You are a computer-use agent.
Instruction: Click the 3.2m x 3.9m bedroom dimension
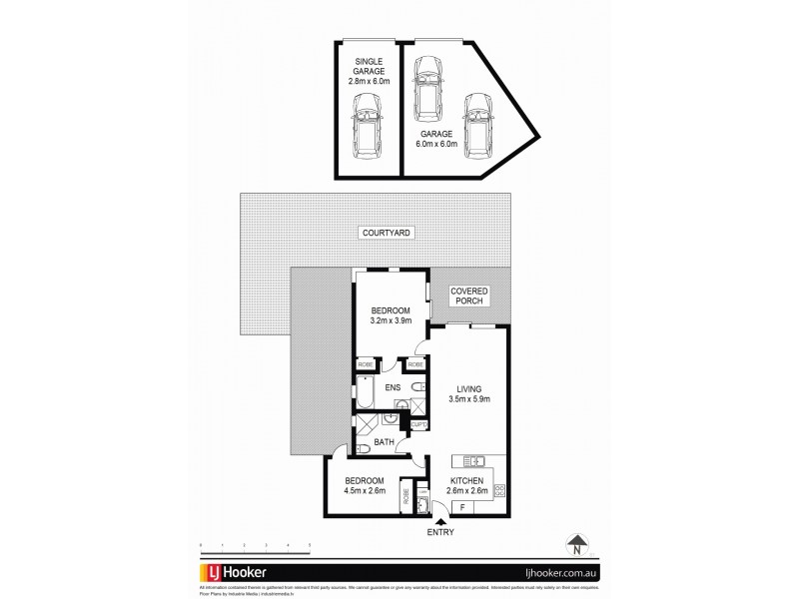click(x=390, y=321)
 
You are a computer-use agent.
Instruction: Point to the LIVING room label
click(x=469, y=390)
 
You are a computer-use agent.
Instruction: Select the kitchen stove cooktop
click(x=501, y=489)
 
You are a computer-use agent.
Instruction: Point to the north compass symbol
click(x=577, y=545)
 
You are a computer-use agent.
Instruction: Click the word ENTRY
click(x=441, y=532)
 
